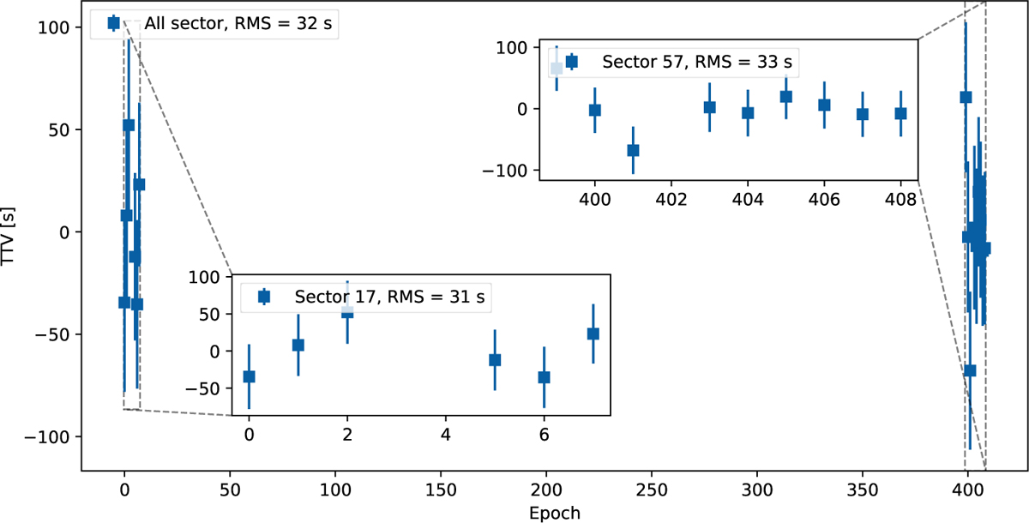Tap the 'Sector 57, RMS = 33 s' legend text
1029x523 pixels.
click(697, 62)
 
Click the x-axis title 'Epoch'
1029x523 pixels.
click(556, 513)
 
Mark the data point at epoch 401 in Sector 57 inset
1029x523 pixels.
click(633, 150)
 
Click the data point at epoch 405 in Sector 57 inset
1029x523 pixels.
click(785, 96)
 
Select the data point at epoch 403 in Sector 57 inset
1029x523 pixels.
click(709, 107)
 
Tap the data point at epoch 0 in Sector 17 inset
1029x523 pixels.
click(249, 376)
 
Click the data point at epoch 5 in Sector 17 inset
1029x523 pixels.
click(494, 360)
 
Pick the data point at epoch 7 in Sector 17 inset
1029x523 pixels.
click(593, 334)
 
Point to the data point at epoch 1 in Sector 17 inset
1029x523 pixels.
click(298, 345)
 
